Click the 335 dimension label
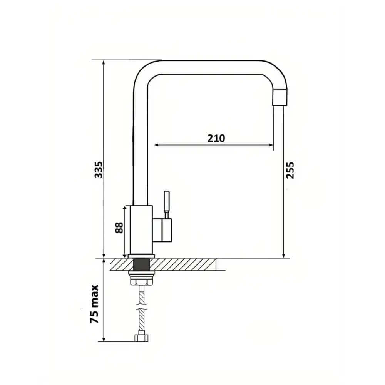coord(99,170)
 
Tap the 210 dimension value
coord(216,138)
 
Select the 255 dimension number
coord(290,170)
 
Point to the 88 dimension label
coord(119,228)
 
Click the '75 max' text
coord(94,304)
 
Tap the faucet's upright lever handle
coord(167,202)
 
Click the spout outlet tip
coord(280,97)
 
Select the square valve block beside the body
coord(162,230)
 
